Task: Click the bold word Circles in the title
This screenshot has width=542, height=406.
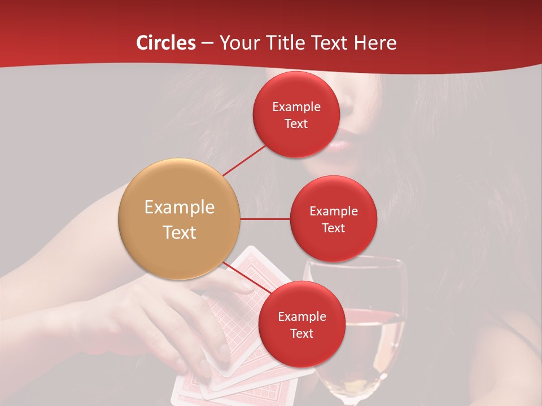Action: pyautogui.click(x=166, y=43)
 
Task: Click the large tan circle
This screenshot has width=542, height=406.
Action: pyautogui.click(x=180, y=219)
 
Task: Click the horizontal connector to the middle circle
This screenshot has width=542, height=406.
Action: pyautogui.click(x=265, y=219)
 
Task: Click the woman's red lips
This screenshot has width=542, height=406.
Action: pyautogui.click(x=340, y=145)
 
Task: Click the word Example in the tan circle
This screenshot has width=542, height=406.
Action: pyautogui.click(x=180, y=208)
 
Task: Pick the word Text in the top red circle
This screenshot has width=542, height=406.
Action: pyautogui.click(x=296, y=124)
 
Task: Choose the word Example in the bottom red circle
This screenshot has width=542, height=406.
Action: pyautogui.click(x=302, y=317)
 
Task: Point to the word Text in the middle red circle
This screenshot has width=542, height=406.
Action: pyautogui.click(x=334, y=228)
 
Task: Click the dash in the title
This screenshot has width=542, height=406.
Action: pyautogui.click(x=207, y=43)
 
